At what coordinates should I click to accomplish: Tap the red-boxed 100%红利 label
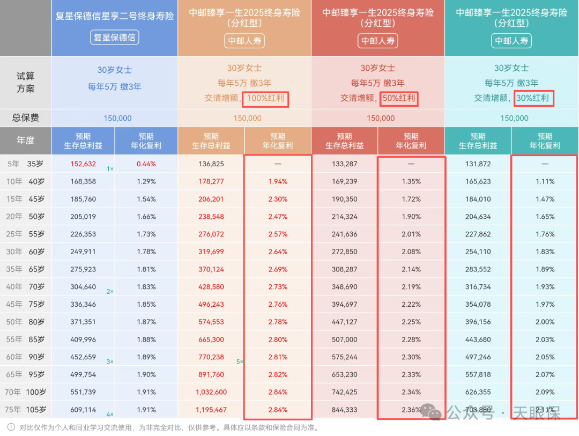tap(266, 99)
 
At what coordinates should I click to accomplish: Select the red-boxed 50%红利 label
tap(399, 99)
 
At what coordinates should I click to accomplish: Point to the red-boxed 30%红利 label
tap(533, 99)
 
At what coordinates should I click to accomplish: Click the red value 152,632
tap(83, 164)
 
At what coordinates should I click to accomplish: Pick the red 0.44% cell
tap(146, 164)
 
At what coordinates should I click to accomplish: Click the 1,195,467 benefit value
tap(211, 410)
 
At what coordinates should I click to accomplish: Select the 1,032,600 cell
tap(211, 392)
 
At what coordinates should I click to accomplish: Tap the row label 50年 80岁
tap(26, 322)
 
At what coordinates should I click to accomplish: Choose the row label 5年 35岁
tap(26, 164)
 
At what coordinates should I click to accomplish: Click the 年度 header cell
tap(26, 141)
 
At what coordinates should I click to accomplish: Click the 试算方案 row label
tap(26, 83)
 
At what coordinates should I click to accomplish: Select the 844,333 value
tap(345, 410)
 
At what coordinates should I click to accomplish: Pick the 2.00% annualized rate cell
tap(545, 322)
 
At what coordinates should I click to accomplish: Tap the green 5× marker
tap(240, 361)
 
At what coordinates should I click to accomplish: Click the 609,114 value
tap(83, 410)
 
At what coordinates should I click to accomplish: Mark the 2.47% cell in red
tap(278, 216)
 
